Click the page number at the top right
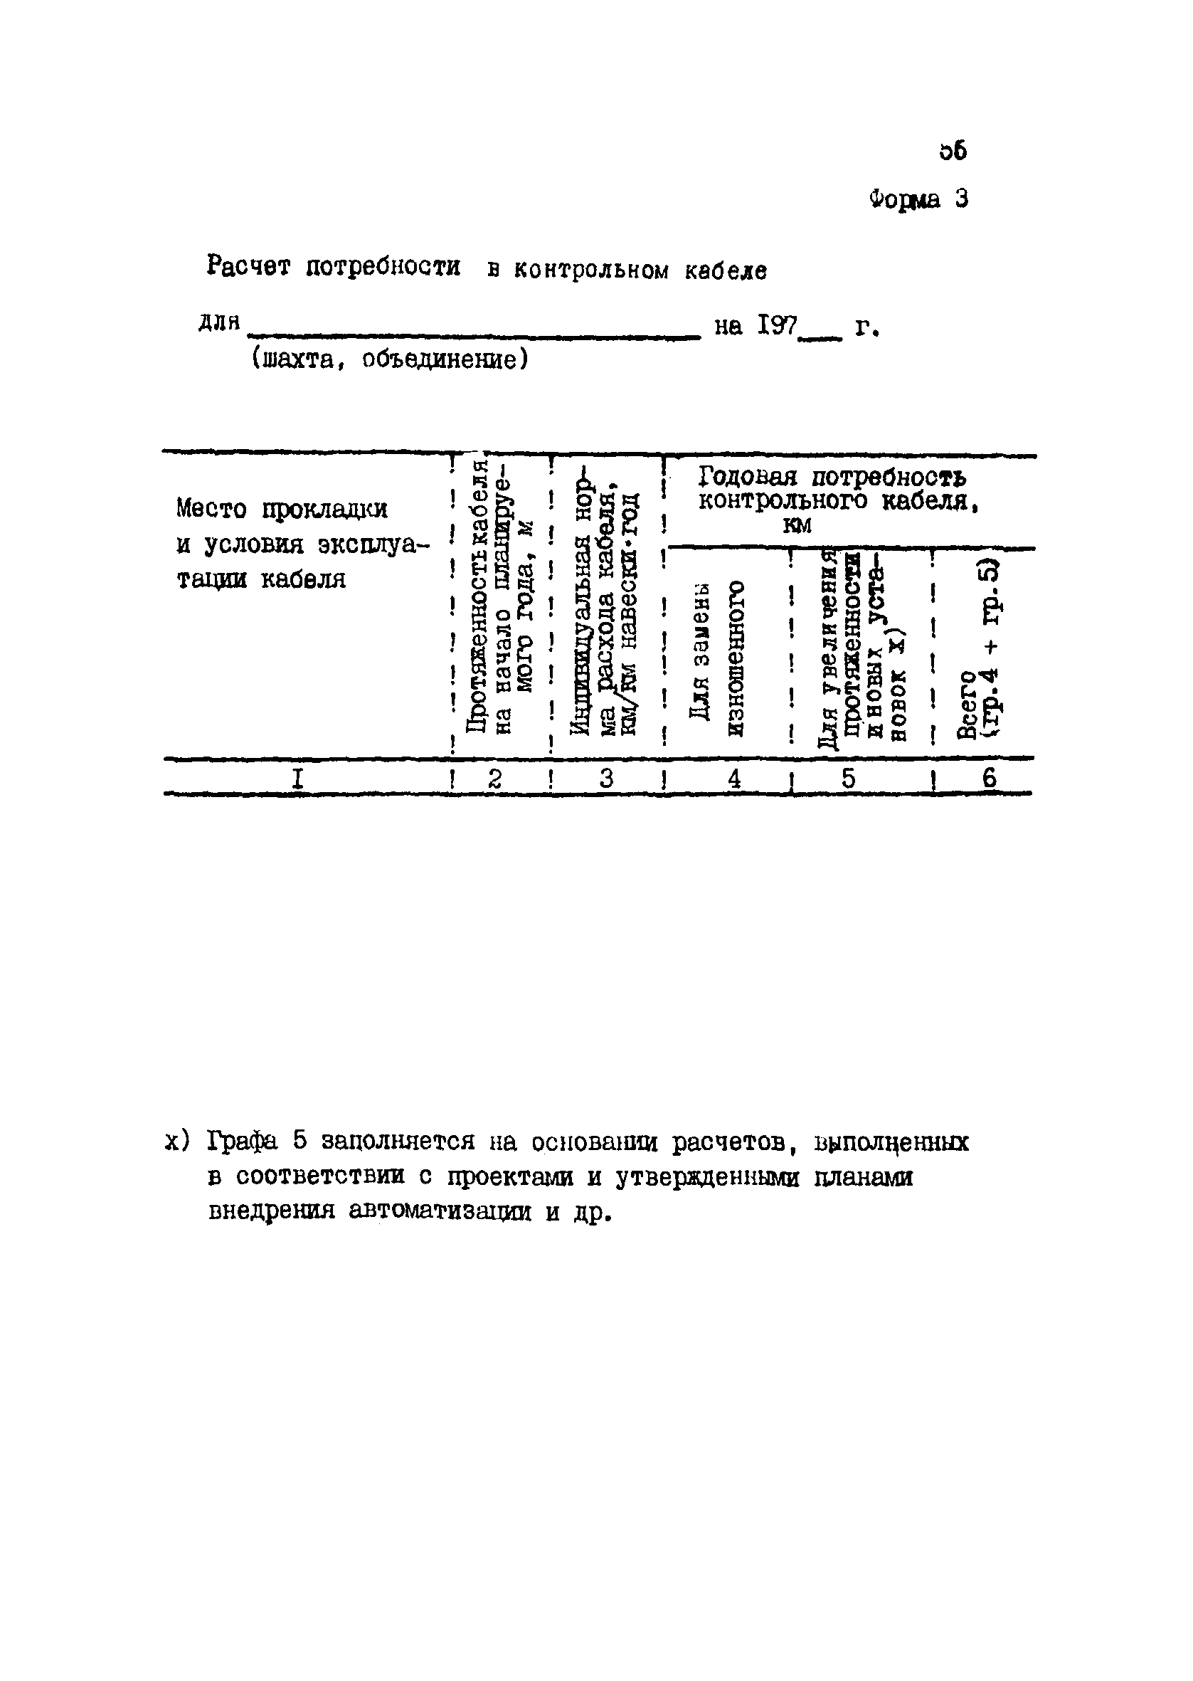953,152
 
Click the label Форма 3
918,199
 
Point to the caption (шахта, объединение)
389,360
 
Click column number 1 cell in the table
297,778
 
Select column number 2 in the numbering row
495,778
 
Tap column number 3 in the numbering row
606,778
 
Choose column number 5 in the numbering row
849,778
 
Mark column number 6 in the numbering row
990,778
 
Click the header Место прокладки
282,509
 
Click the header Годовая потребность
832,478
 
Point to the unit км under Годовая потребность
797,526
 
